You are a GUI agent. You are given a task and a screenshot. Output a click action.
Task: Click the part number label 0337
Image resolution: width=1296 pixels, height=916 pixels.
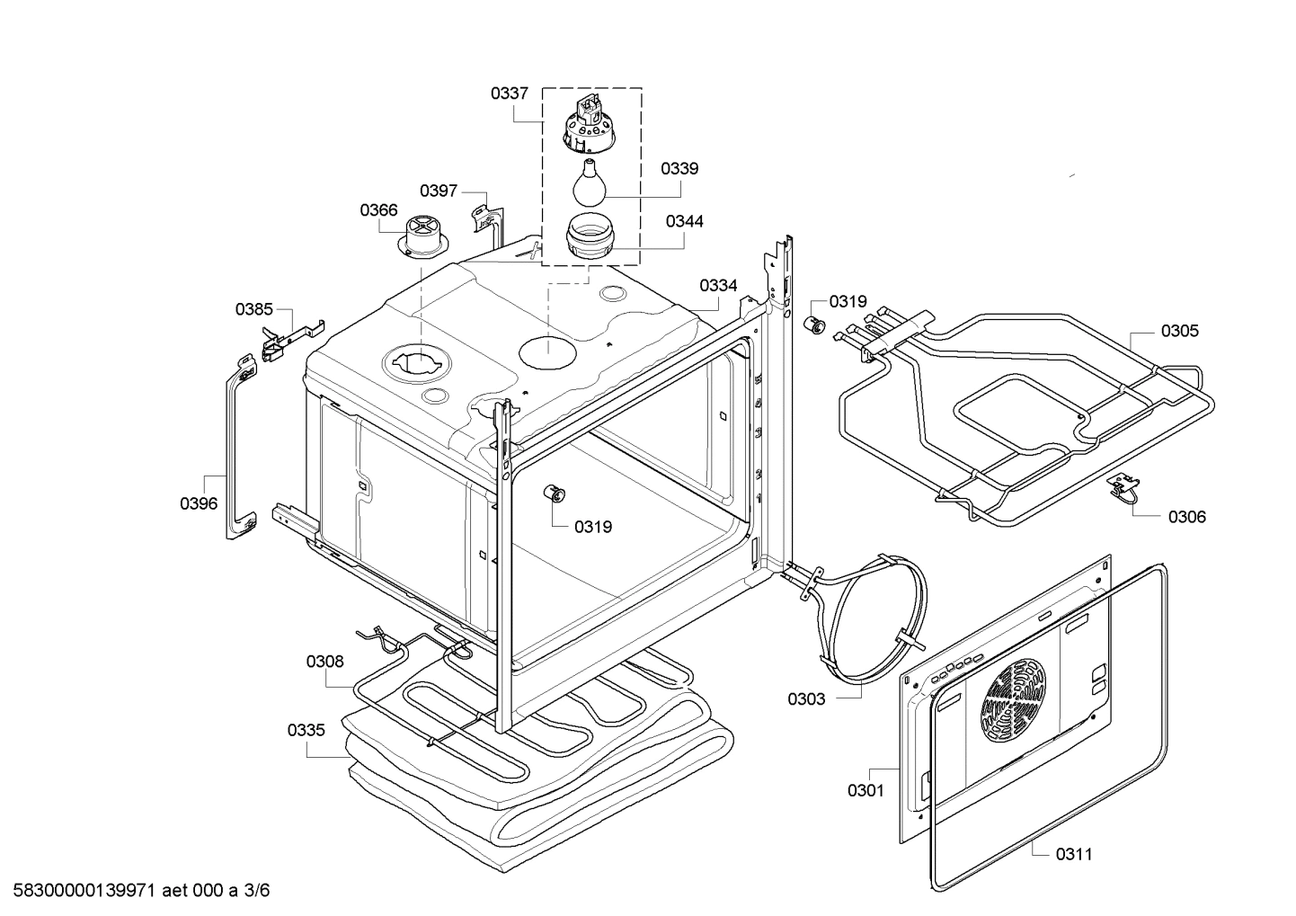[509, 93]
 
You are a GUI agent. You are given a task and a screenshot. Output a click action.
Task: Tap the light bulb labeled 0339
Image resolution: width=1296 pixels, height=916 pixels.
[588, 182]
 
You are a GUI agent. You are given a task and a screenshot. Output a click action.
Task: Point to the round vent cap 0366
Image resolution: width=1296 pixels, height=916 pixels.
[421, 236]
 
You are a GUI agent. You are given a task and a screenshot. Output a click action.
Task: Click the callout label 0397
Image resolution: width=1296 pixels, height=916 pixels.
[439, 191]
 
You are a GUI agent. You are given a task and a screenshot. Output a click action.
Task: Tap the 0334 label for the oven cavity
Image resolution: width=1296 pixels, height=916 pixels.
[718, 286]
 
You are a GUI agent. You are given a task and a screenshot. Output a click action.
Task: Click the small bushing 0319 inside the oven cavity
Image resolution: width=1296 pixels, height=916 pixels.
[555, 494]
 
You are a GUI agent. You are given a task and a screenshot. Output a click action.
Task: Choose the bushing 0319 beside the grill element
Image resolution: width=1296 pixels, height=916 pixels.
[815, 325]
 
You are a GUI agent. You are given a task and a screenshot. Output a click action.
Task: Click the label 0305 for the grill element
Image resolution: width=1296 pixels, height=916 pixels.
[1179, 331]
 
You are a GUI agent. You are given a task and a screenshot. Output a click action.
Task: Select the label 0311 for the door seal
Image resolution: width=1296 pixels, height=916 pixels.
[1074, 854]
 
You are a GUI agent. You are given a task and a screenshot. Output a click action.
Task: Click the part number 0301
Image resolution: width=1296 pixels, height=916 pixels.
[865, 791]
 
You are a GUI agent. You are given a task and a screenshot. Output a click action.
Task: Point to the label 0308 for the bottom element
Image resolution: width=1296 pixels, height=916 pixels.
[324, 662]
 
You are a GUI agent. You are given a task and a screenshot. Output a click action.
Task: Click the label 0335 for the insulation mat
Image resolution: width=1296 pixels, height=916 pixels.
[306, 730]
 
